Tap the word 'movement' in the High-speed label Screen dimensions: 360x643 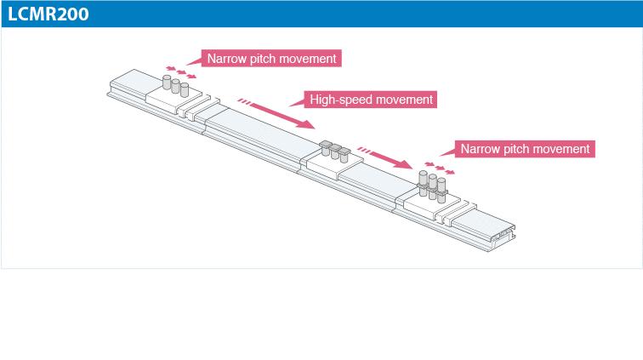pos(402,100)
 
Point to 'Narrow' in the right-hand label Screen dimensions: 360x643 pos(481,149)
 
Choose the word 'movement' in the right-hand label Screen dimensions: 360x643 pos(558,149)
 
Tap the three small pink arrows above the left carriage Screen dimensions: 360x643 pos(180,71)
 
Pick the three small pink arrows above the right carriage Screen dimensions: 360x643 pos(438,167)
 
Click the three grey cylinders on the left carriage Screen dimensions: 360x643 pos(175,84)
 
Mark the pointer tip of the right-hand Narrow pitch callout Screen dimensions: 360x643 pos(446,158)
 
